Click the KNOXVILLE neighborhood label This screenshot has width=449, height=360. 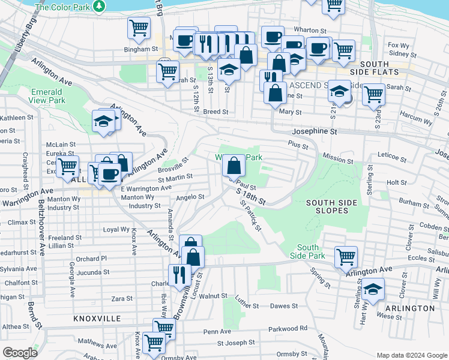pos(97,319)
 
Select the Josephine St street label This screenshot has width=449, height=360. pos(315,131)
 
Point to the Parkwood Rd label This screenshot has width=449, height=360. pos(288,328)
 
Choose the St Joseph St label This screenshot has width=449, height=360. pos(236,343)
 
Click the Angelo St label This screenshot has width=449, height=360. pos(190,196)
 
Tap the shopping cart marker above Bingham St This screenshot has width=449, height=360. pos(139,28)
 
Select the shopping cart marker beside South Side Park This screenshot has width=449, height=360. pos(346,256)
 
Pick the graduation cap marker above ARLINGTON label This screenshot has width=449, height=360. pos(373,289)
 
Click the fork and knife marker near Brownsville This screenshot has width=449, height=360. pos(179,274)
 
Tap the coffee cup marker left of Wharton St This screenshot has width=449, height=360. pos(273,37)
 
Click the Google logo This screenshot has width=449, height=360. pos(20,353)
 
